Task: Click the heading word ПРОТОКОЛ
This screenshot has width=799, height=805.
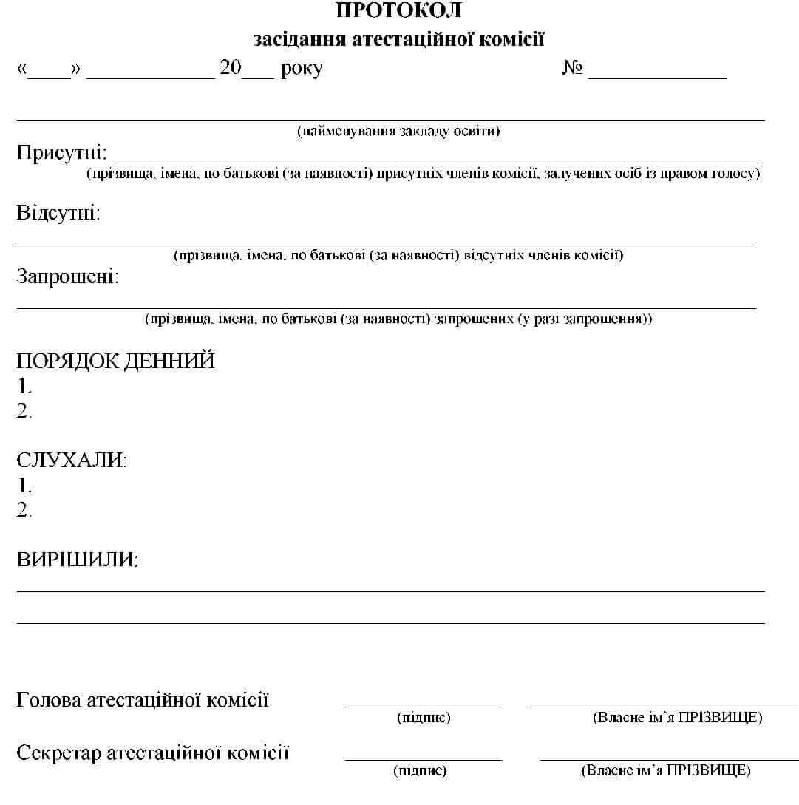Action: pos(398,10)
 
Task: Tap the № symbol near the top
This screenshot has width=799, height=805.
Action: pos(573,69)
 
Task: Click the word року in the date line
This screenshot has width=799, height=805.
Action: pos(302,69)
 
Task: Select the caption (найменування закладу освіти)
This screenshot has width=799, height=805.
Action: pos(398,132)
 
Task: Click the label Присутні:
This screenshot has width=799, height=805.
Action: pos(62,154)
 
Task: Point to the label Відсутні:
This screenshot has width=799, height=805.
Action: pos(58,214)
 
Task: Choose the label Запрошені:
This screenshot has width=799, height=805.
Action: pos(67,277)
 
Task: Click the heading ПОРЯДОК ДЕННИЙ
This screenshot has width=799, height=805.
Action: pos(115,361)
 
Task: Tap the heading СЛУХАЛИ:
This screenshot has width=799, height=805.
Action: pos(72,460)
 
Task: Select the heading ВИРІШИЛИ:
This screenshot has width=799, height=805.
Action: pos(78,560)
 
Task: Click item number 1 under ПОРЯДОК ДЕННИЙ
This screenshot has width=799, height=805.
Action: pos(24,386)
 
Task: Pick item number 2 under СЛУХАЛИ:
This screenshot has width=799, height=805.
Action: pos(24,510)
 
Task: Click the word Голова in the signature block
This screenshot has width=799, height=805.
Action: pos(49,699)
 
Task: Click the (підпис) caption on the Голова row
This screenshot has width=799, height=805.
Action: pos(423,717)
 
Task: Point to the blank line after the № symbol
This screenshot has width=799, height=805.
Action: pos(657,77)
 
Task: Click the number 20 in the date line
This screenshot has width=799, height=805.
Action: pos(231,68)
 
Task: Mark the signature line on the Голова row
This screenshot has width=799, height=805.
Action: pos(422,706)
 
